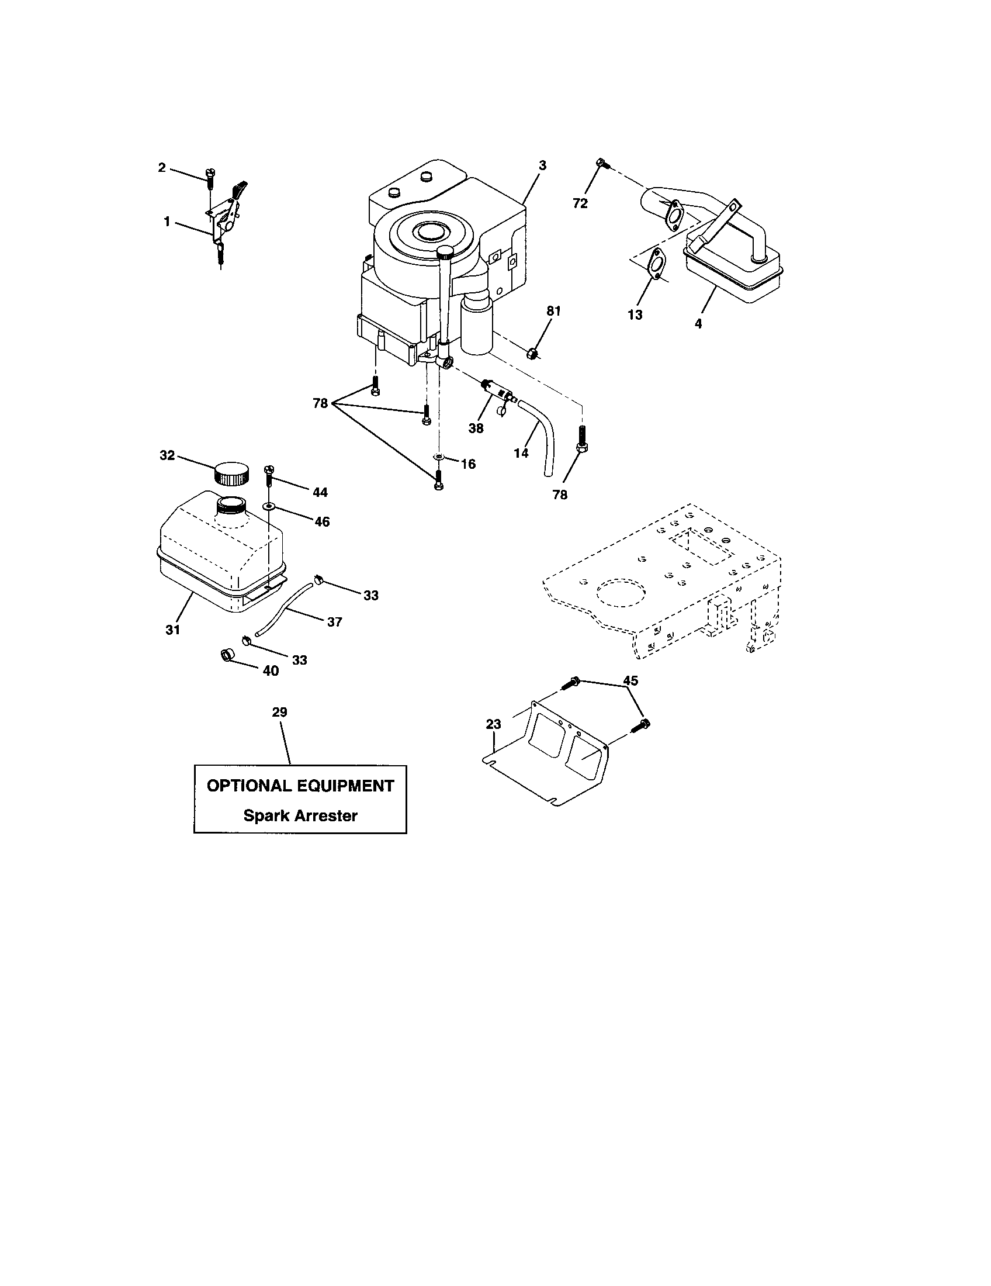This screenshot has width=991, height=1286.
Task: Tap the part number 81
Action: coord(553,311)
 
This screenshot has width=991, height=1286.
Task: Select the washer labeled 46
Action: coord(269,506)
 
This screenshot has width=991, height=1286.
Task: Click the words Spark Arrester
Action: coord(300,815)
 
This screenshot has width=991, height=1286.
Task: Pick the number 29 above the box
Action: coord(279,712)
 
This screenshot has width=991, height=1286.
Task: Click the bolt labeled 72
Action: coord(601,163)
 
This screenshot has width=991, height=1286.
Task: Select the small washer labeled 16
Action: coord(438,457)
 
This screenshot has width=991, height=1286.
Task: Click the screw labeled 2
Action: coord(210,175)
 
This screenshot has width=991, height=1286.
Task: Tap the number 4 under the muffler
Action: coord(698,323)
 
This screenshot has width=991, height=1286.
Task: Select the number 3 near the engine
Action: coord(542,166)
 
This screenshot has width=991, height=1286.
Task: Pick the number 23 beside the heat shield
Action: coord(493,724)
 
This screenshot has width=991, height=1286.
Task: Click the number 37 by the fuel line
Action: coord(334,622)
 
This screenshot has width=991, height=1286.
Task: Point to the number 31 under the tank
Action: coord(172,630)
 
